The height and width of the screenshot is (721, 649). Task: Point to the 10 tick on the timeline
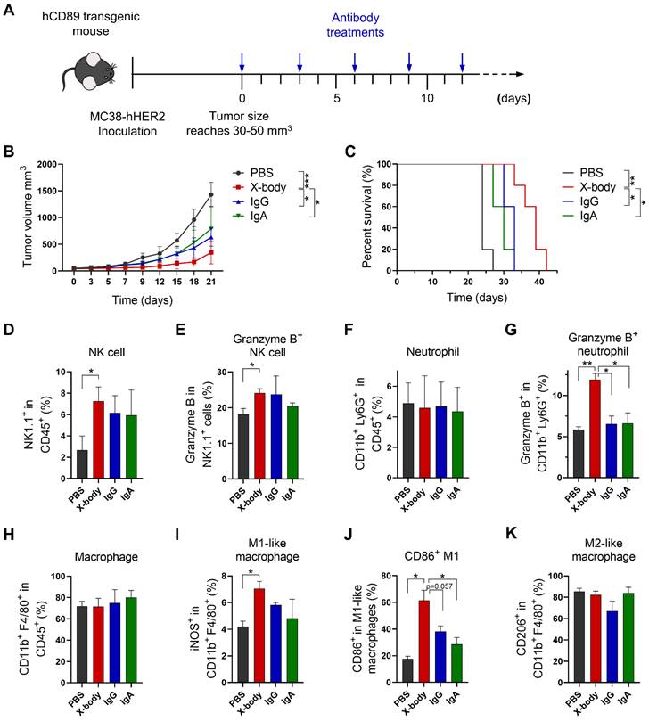428,98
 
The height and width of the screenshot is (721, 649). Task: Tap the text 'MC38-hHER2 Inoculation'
94,122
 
